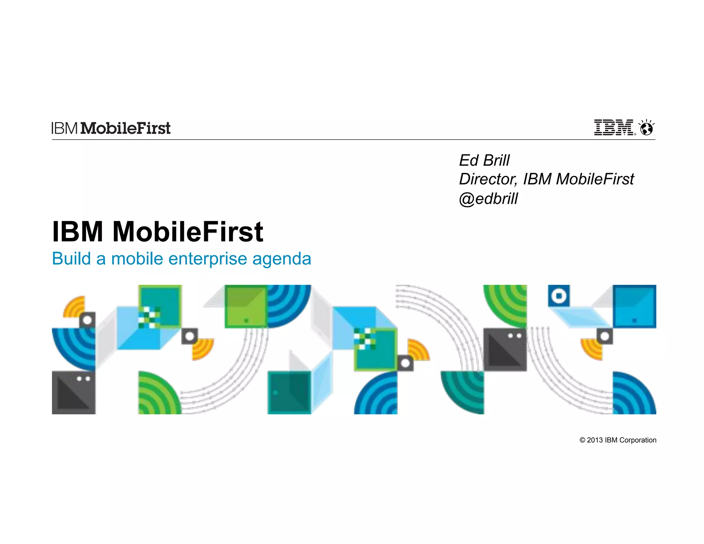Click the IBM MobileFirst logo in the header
[111, 128]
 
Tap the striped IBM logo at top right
[614, 128]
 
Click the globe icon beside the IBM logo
[647, 128]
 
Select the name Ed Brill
[484, 161]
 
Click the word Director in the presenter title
[488, 179]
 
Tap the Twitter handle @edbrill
[488, 199]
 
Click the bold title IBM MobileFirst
[157, 231]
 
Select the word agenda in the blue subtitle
[282, 259]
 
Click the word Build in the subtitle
[71, 259]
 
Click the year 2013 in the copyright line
[595, 440]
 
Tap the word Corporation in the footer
[638, 440]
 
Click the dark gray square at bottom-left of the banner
[74, 392]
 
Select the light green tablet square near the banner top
[246, 306]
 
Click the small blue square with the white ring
[559, 296]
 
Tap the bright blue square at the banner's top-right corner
[634, 306]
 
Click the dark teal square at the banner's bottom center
[289, 392]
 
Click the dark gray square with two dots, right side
[505, 349]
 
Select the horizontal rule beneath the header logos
[353, 140]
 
